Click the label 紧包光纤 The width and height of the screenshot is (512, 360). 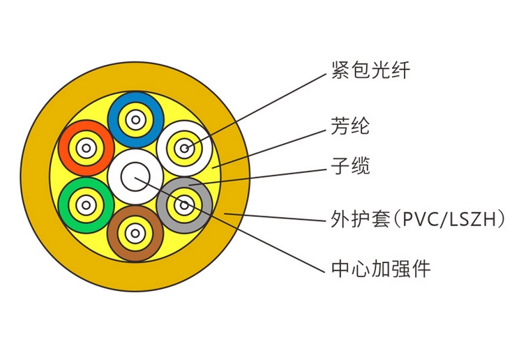370,70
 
